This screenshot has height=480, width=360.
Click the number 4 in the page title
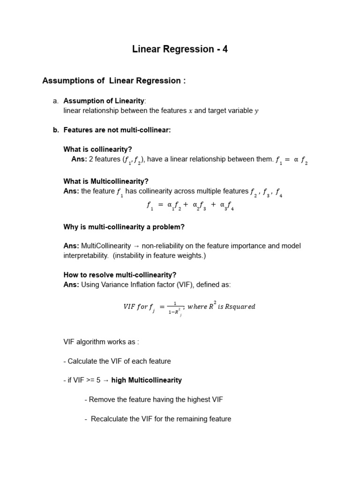coord(225,49)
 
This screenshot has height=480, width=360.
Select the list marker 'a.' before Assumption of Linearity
coord(56,101)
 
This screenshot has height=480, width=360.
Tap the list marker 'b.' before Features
coord(56,130)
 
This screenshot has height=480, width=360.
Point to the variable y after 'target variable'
coord(256,111)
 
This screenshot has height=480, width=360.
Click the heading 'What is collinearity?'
coord(97,150)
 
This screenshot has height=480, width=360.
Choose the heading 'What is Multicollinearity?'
coord(106,181)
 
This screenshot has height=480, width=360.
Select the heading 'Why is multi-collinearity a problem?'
coord(124,227)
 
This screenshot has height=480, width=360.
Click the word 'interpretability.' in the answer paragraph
coord(86,255)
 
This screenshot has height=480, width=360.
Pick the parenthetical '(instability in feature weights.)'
coord(159,255)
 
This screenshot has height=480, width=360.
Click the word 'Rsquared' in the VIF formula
coord(240,307)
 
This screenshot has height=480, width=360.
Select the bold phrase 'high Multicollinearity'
coord(146,380)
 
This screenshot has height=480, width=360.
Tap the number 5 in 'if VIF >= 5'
coord(99,380)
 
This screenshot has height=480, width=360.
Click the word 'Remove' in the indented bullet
coord(101,399)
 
